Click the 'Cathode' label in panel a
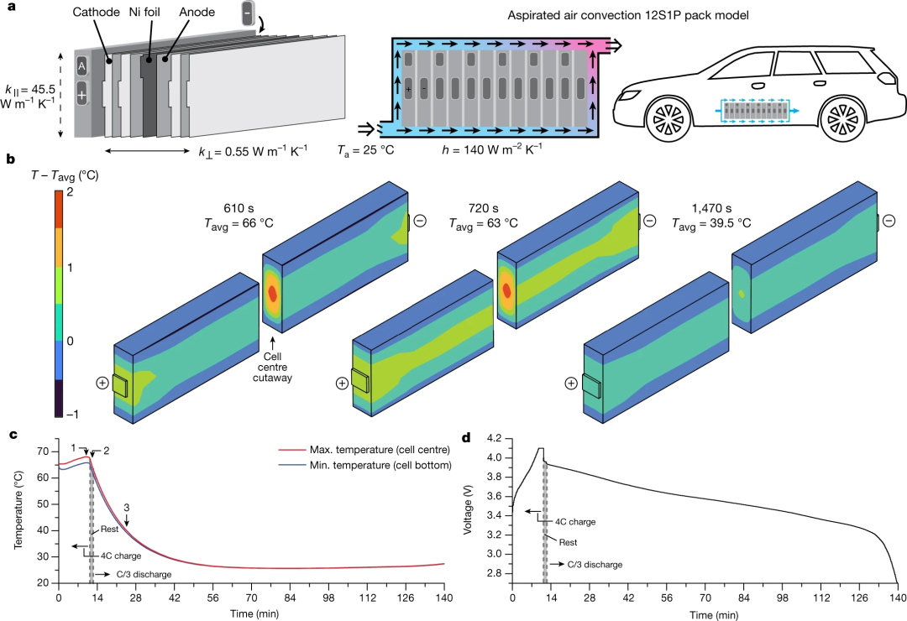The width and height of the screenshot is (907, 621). [x=95, y=13]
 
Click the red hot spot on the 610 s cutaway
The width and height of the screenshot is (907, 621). [x=273, y=293]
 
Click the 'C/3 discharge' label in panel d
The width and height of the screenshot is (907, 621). [x=594, y=565]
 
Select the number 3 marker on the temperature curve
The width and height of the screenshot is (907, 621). [x=126, y=507]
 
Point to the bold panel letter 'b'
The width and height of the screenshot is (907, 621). [x=9, y=158]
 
